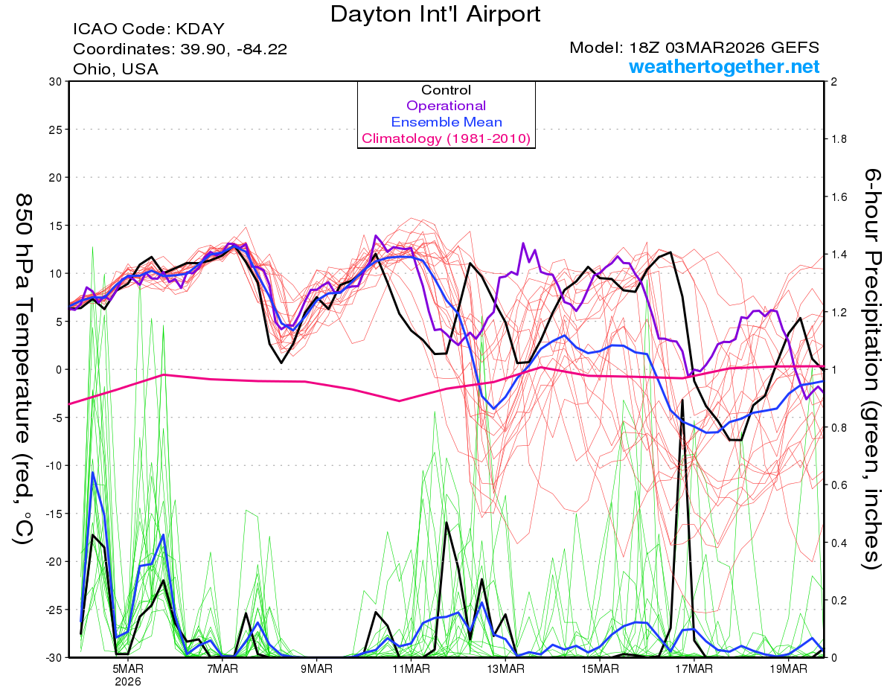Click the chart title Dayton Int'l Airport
point(435,13)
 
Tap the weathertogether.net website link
point(724,67)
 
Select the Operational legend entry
point(446,106)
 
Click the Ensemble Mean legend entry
point(446,122)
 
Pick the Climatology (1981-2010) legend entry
point(446,138)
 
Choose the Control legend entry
point(446,90)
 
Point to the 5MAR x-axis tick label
point(128,668)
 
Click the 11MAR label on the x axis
point(411,668)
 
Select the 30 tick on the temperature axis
point(54,82)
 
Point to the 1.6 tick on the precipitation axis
point(839,197)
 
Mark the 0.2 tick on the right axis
point(839,600)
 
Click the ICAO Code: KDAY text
point(148,30)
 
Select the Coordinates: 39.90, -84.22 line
point(180,49)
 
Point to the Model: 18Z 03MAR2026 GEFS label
point(694,48)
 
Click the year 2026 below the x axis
point(128,681)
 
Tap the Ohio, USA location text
point(115,68)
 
